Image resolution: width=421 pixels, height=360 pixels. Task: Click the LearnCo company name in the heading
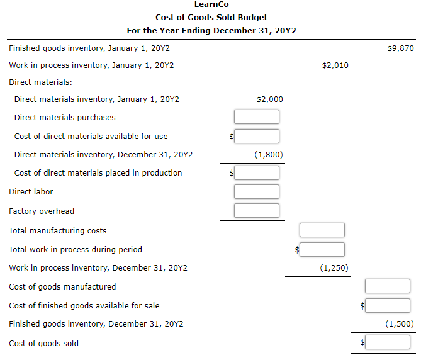(x=211, y=4)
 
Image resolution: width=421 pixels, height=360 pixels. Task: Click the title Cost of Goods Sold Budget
(x=211, y=17)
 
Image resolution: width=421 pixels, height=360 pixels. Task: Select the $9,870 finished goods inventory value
(x=401, y=48)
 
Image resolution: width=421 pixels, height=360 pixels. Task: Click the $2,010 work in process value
(x=335, y=65)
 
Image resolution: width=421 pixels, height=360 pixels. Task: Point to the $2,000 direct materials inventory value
(x=270, y=99)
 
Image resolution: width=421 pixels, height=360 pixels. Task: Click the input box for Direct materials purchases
(x=257, y=117)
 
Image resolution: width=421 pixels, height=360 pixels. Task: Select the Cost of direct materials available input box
(x=257, y=136)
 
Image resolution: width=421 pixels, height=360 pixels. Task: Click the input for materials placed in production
(x=257, y=172)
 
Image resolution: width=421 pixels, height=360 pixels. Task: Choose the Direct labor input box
(x=257, y=191)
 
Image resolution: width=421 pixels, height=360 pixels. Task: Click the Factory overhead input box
(x=257, y=211)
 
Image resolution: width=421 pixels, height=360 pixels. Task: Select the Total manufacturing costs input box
(x=322, y=230)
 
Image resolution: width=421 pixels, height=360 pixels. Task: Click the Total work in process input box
(x=322, y=249)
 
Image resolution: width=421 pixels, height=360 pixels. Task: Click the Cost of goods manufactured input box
(x=388, y=286)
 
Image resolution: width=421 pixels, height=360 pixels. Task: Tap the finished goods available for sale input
(x=388, y=305)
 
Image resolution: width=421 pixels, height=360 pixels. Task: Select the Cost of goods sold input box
(x=388, y=343)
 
